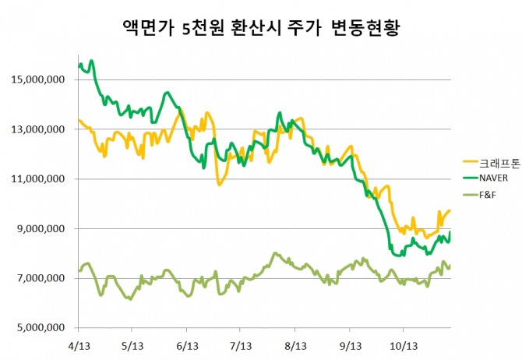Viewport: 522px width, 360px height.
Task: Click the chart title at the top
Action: [x=262, y=29]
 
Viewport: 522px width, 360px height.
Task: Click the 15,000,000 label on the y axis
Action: [x=37, y=79]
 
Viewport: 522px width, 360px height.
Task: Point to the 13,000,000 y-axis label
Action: [x=37, y=129]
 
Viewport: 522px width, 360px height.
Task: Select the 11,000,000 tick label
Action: [x=37, y=179]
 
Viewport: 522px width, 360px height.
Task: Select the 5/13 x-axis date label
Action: [x=132, y=345]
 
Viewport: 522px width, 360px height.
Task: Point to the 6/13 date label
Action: [x=186, y=345]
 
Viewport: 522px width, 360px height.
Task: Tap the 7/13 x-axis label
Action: [x=240, y=345]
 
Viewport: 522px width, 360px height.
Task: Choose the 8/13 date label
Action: [x=295, y=345]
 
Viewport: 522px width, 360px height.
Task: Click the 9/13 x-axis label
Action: [x=348, y=345]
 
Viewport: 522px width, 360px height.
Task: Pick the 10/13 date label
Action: [x=403, y=345]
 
